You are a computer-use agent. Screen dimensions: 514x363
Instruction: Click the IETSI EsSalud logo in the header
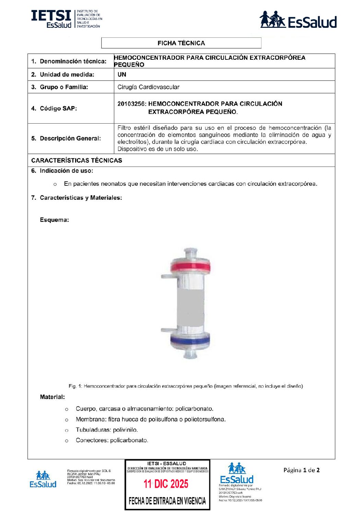click(x=66, y=19)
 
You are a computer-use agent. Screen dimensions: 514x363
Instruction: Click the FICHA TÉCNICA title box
click(x=181, y=43)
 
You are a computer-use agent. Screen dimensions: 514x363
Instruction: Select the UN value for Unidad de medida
click(x=122, y=75)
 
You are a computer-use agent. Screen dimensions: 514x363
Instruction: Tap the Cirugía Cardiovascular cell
click(x=148, y=87)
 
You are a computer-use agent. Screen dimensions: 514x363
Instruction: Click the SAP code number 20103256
click(x=131, y=104)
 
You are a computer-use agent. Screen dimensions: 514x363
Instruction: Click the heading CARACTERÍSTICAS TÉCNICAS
click(x=77, y=160)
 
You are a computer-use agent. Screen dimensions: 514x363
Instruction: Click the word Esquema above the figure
click(x=54, y=220)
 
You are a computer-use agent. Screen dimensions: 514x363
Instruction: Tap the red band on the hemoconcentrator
click(x=190, y=266)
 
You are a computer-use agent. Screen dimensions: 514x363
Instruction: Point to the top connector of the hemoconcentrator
click(x=190, y=252)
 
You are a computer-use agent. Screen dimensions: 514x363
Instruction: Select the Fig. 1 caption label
click(x=75, y=386)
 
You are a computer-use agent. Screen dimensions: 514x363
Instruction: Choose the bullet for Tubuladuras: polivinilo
click(x=67, y=430)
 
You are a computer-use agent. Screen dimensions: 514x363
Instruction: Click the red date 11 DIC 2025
click(x=166, y=484)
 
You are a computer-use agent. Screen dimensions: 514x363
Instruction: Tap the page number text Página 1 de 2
click(x=301, y=470)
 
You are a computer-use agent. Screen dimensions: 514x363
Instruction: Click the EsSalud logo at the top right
click(x=298, y=20)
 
